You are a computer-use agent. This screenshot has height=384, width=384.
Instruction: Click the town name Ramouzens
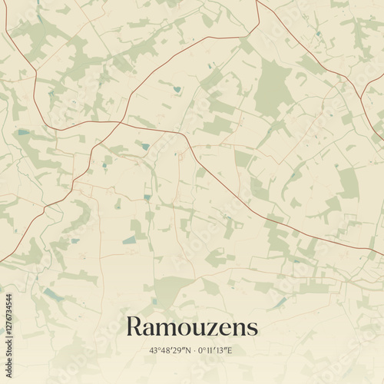click(x=191, y=326)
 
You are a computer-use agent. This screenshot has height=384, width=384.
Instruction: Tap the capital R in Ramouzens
click(x=133, y=326)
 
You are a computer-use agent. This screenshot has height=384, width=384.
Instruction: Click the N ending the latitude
click(x=187, y=351)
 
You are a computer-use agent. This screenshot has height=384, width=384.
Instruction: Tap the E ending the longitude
click(x=230, y=351)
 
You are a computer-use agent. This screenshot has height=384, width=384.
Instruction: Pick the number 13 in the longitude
click(x=222, y=351)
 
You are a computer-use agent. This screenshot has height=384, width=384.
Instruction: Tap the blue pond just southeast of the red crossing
click(x=144, y=145)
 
